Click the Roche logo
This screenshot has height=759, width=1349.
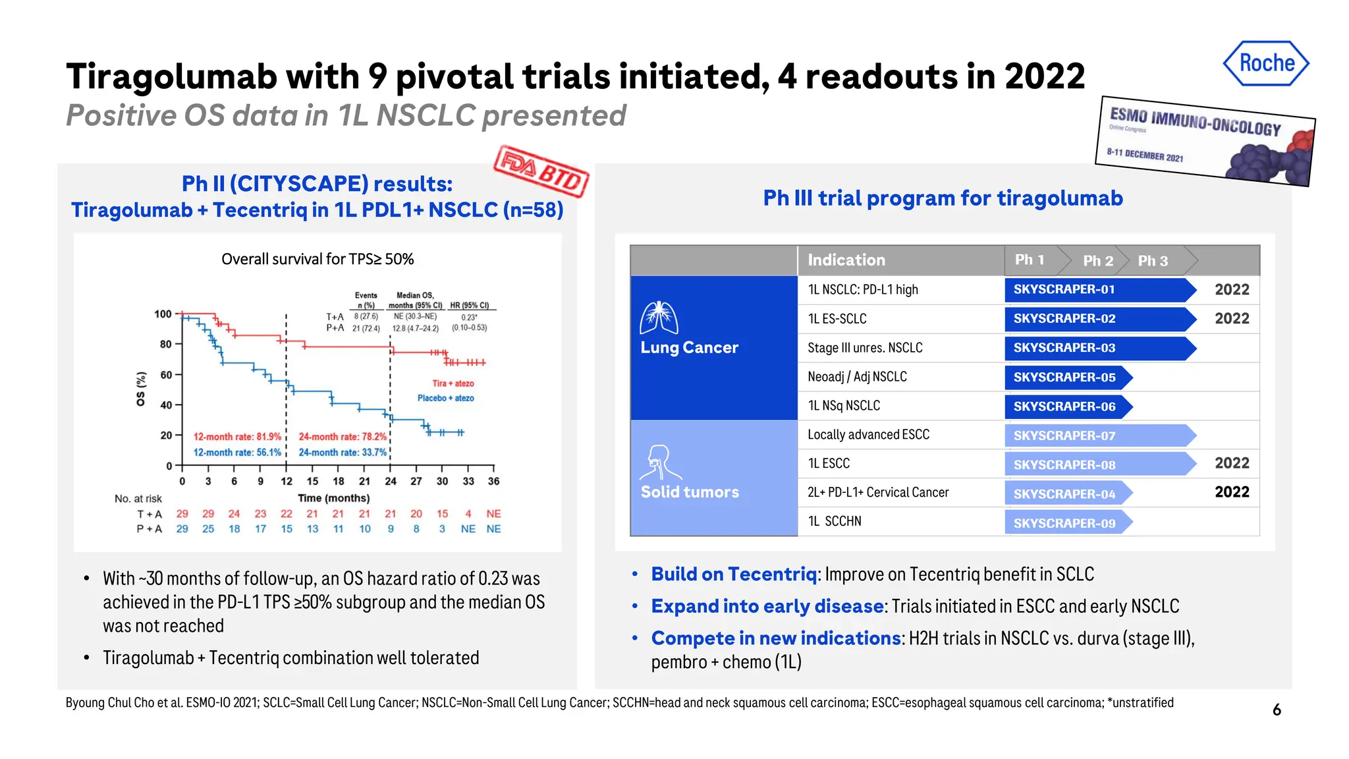click(x=1266, y=63)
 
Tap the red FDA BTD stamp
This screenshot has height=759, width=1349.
click(x=541, y=171)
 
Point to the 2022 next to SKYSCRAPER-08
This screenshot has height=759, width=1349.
click(x=1231, y=463)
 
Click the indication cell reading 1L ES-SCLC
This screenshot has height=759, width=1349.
click(x=837, y=319)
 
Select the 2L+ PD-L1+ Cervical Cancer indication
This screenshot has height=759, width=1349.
click(x=877, y=493)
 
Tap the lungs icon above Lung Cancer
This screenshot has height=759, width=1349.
click(x=659, y=318)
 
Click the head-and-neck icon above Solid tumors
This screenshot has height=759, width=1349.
click(x=659, y=462)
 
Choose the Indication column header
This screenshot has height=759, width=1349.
click(x=846, y=260)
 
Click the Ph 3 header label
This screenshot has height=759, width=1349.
click(x=1153, y=261)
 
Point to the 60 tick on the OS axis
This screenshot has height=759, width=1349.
click(x=165, y=375)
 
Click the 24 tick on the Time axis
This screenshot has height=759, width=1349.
click(x=391, y=482)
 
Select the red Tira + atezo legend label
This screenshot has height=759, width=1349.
click(x=453, y=383)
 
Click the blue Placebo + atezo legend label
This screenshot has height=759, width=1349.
click(x=445, y=398)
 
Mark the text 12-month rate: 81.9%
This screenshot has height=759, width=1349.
click(x=237, y=437)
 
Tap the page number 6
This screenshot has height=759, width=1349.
click(x=1277, y=710)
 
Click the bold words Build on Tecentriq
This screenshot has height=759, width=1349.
click(x=733, y=575)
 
